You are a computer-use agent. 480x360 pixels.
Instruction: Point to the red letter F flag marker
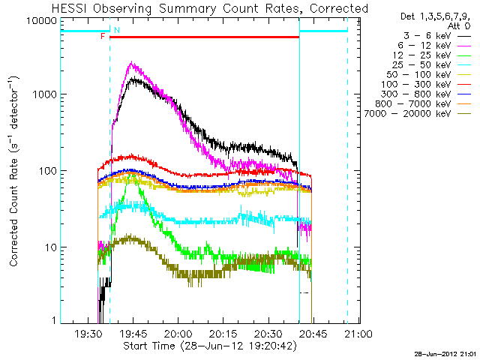click(x=103, y=36)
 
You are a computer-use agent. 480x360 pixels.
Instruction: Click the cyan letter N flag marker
click(x=115, y=30)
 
